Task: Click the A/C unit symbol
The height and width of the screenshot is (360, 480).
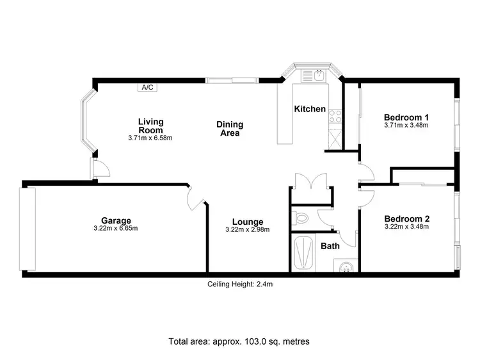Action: (x=148, y=87)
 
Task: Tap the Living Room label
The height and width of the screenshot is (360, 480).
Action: (x=150, y=126)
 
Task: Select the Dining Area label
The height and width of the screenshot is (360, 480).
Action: (x=228, y=129)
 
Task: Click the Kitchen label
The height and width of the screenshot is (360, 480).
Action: (x=310, y=110)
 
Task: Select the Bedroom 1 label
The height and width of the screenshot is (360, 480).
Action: (x=406, y=117)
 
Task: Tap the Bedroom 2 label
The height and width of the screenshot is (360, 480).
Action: (x=406, y=218)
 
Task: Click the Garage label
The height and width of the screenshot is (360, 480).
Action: (x=116, y=220)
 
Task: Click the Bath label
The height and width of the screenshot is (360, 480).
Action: (x=330, y=246)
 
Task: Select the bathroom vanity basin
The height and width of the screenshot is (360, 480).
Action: (x=346, y=265)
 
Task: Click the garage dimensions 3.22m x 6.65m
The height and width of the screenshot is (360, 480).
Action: (x=116, y=229)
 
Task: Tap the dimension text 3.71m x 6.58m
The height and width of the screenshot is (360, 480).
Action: (x=150, y=137)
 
